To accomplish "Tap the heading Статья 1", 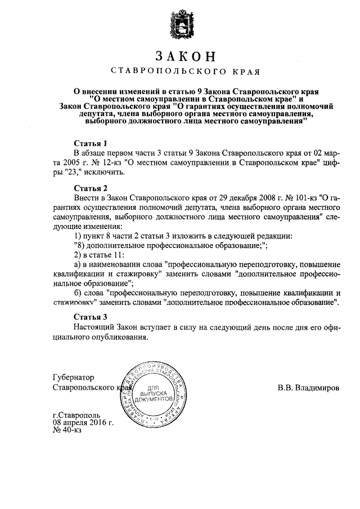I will pos(91,143).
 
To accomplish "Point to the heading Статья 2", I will pos(91,187).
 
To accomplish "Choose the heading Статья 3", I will pos(91,316).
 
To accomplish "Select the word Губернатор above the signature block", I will pos(74,377).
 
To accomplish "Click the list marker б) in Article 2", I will pos(78,292).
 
